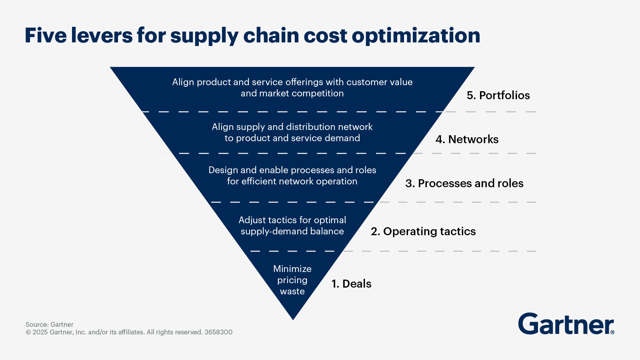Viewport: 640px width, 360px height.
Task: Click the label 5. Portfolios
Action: (498, 95)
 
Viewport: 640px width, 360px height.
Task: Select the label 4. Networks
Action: (467, 139)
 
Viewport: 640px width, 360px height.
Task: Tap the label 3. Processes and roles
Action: (464, 183)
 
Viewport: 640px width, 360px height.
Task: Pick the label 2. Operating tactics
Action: (423, 231)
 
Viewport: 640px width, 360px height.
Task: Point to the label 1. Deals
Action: (351, 284)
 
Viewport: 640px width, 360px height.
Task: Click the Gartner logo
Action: (565, 324)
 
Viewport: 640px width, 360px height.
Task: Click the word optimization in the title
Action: (416, 36)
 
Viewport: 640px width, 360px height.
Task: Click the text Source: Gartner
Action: (49, 324)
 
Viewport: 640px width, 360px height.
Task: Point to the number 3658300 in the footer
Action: (218, 332)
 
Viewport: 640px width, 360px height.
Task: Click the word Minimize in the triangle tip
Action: (292, 269)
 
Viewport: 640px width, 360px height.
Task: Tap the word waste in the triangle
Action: (292, 291)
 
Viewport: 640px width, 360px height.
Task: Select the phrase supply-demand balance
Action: (292, 231)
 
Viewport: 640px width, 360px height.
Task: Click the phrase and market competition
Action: (292, 93)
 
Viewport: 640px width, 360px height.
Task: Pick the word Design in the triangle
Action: (223, 170)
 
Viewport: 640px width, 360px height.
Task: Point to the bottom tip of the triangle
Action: (293, 319)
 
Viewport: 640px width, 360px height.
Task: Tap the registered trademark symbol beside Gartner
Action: (612, 332)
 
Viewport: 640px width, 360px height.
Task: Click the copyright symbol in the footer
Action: (28, 332)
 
